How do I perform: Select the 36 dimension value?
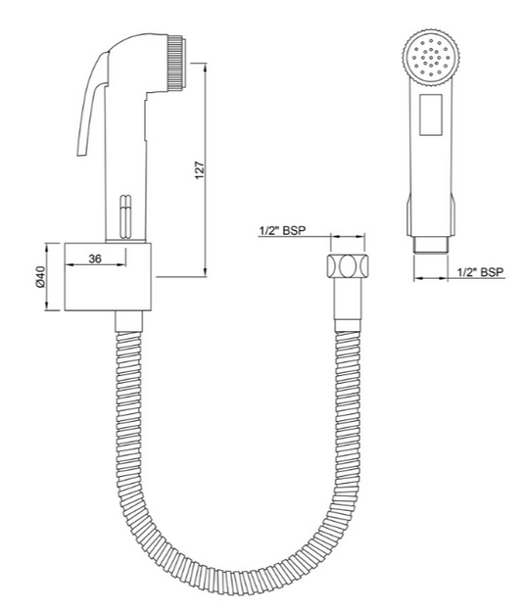click(95, 258)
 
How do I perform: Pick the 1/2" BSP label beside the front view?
click(482, 272)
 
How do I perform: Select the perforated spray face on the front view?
click(430, 60)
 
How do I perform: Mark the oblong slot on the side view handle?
click(123, 216)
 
